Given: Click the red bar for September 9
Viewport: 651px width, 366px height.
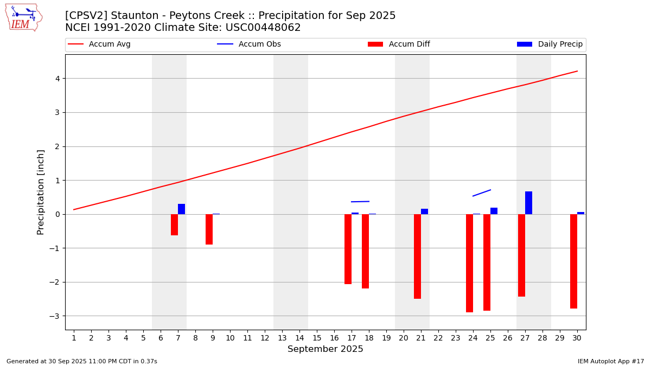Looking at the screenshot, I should tap(209, 229).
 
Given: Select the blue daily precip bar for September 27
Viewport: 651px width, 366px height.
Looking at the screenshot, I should tap(528, 203).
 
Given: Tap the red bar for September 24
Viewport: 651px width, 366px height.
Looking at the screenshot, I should tap(469, 263).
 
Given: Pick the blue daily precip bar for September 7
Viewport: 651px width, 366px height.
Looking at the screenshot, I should tap(181, 209).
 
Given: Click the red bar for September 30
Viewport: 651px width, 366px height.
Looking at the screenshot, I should tap(573, 261).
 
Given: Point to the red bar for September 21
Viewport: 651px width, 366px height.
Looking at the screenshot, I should tap(417, 256).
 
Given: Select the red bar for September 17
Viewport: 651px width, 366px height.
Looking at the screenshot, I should tap(348, 249).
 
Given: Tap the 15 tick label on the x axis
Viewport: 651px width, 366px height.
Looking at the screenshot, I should tap(317, 338).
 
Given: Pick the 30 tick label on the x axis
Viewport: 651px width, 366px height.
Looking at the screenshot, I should tap(577, 338).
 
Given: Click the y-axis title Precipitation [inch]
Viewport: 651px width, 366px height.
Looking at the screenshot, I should tap(41, 192).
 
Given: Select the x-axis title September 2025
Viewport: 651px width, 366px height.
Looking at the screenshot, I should tap(325, 349).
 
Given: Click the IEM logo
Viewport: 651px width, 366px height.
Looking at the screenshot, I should tap(23, 17).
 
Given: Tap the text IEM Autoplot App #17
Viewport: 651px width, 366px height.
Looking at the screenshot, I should tap(611, 361).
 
